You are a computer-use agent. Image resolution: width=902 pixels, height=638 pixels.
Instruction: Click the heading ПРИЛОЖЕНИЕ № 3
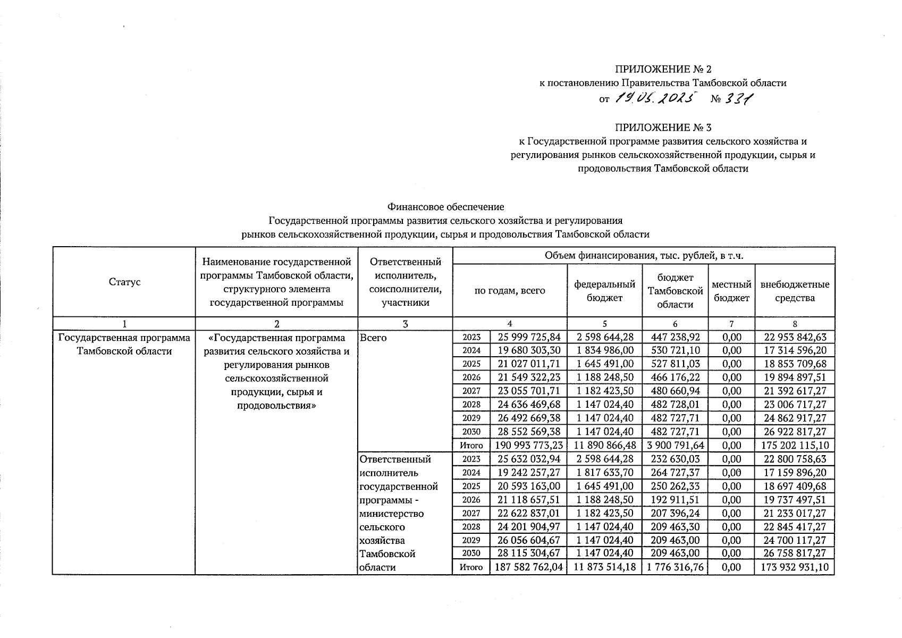[663, 128]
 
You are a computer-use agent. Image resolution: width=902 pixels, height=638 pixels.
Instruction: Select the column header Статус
[124, 282]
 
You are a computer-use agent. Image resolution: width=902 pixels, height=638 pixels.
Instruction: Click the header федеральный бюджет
[604, 291]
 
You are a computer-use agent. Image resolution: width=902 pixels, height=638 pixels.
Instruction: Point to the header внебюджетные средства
[795, 291]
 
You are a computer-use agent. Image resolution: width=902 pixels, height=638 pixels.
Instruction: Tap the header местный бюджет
[731, 291]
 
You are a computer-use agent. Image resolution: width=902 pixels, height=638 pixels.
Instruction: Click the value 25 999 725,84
[528, 337]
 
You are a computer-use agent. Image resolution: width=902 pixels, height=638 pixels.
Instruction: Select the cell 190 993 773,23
[528, 446]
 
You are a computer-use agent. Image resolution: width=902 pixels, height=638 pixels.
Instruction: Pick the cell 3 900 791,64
[675, 446]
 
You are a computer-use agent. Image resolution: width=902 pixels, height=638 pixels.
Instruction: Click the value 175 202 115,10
[795, 446]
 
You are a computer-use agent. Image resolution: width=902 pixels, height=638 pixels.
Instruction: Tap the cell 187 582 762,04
[528, 567]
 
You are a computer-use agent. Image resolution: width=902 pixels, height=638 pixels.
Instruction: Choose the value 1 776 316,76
[675, 567]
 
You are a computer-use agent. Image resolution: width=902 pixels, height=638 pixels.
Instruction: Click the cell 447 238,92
[675, 337]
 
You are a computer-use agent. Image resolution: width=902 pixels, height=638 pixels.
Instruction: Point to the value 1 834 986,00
[604, 350]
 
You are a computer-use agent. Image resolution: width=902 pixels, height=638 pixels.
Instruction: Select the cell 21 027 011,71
[528, 364]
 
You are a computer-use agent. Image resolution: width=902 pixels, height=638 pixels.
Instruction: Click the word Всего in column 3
[374, 338]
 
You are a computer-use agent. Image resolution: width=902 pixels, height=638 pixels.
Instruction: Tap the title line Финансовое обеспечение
[445, 206]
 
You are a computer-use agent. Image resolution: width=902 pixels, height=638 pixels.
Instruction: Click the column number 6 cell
[675, 324]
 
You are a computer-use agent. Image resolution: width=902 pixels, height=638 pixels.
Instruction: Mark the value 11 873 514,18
[604, 567]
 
